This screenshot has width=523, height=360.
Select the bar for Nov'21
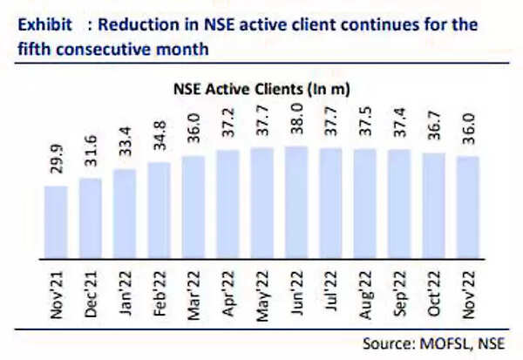click(x=56, y=223)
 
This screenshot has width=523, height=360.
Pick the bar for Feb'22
click(x=160, y=212)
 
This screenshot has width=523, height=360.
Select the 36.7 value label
click(x=434, y=131)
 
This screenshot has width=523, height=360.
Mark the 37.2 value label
click(x=228, y=129)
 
